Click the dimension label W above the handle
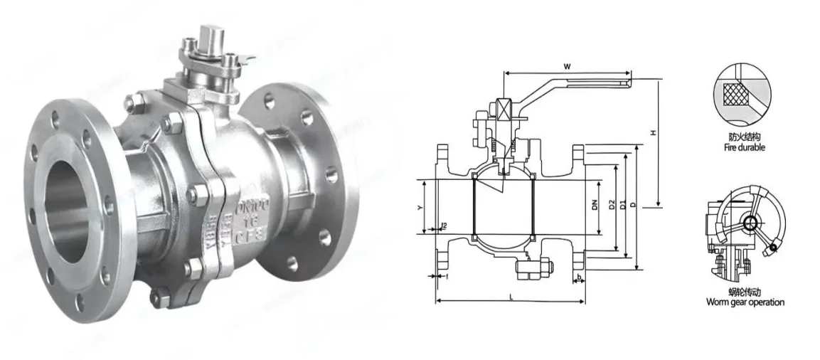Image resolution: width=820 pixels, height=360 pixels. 567,66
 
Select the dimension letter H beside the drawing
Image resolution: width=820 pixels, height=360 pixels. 652,134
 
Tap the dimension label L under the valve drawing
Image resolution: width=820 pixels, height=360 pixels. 511,296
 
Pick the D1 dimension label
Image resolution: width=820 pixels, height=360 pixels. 622,206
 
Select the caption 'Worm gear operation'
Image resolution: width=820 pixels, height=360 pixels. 745,302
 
